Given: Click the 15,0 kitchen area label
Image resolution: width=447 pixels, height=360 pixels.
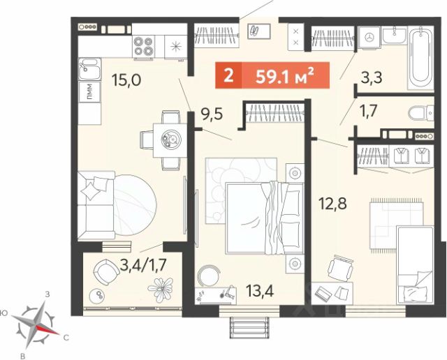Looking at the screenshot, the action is tap(126, 80).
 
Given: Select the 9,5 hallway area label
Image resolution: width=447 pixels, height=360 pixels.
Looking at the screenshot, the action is tap(212, 114).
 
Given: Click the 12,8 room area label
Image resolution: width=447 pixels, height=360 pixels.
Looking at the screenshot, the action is tap(332, 203).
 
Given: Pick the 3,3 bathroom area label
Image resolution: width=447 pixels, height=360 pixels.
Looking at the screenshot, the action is tap(371, 77).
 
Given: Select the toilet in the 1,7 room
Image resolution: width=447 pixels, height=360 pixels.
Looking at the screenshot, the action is tap(421, 114).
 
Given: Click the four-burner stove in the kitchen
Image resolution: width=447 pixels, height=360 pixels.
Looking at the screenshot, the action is tap(143, 46).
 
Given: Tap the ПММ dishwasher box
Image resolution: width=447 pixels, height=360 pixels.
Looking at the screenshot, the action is tap(89, 92).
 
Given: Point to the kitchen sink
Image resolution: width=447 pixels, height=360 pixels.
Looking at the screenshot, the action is tap(89, 69).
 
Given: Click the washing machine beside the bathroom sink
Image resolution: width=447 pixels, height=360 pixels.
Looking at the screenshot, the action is tap(369, 37).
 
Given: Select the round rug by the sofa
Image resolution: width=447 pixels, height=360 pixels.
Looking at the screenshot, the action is tap(135, 205).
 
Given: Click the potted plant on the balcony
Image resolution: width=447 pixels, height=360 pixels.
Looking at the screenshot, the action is tap(161, 289).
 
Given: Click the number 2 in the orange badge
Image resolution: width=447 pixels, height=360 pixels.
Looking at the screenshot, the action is tap(228, 75).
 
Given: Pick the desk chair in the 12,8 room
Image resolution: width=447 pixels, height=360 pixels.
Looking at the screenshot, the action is tap(340, 269).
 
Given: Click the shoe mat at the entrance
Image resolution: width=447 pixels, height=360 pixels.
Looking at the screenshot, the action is tap(260, 31).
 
